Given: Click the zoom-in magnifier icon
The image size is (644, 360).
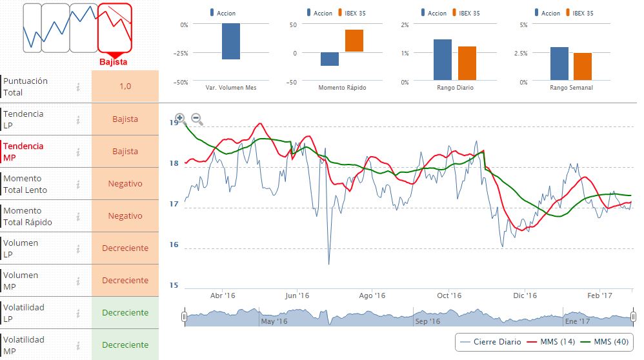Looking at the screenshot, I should tap(179, 119).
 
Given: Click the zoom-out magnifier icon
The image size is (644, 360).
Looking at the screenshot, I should tap(197, 119).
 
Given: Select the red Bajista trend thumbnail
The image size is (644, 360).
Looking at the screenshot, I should tap(114, 28).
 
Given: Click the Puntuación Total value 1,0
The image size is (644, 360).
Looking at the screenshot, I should tap(125, 86).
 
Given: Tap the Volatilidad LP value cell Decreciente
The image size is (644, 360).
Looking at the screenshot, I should tap(125, 313).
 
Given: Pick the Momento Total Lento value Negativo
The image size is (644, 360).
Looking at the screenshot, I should tap(125, 184).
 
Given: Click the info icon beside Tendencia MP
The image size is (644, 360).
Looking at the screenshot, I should tap(78, 152).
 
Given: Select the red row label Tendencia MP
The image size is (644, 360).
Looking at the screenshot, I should tap(24, 152).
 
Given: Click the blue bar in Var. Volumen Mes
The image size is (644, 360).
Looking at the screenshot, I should tap(231, 41).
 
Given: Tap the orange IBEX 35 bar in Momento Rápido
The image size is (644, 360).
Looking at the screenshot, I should tap(354, 40).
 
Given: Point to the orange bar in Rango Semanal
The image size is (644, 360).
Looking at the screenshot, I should tap(582, 67).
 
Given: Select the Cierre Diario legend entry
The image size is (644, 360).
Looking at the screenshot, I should tap(490, 341).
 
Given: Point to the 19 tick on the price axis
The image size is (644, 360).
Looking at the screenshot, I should tap(174, 123).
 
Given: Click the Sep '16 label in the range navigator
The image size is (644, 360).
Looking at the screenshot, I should tap(428, 321).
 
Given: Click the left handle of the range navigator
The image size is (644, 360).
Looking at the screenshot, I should tap(184, 317).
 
